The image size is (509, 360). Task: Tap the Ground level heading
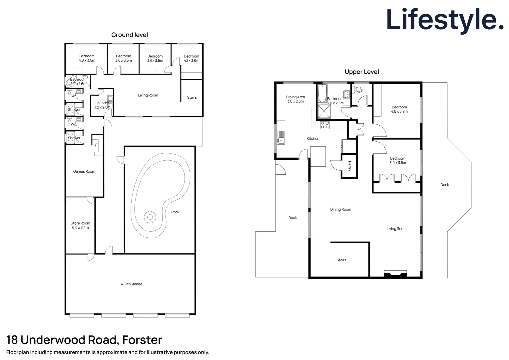pos(130,35)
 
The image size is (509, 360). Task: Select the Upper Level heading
pos(362,72)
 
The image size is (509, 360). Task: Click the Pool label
pos(175,212)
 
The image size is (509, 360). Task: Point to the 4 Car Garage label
pos(132,284)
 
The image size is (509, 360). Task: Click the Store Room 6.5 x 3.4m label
pos(80,226)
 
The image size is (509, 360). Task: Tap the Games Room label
pos(84,171)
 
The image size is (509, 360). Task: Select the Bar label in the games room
pos(96,145)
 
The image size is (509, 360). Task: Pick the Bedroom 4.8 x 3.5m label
pos(87,58)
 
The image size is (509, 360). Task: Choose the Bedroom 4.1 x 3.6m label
pos(192,58)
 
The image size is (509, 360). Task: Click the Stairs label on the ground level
pos(192,97)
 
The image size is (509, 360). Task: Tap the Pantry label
pos(349,166)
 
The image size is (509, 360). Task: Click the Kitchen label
pos(313,139)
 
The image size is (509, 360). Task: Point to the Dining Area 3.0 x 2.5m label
pos(295,99)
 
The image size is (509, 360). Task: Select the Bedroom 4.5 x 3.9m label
pos(399,109)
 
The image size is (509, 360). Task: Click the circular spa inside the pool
pos(150,217)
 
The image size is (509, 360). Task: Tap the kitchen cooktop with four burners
pos(325,125)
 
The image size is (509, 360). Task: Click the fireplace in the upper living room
pos(395,274)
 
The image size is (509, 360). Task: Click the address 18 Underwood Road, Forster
pos(84,340)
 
